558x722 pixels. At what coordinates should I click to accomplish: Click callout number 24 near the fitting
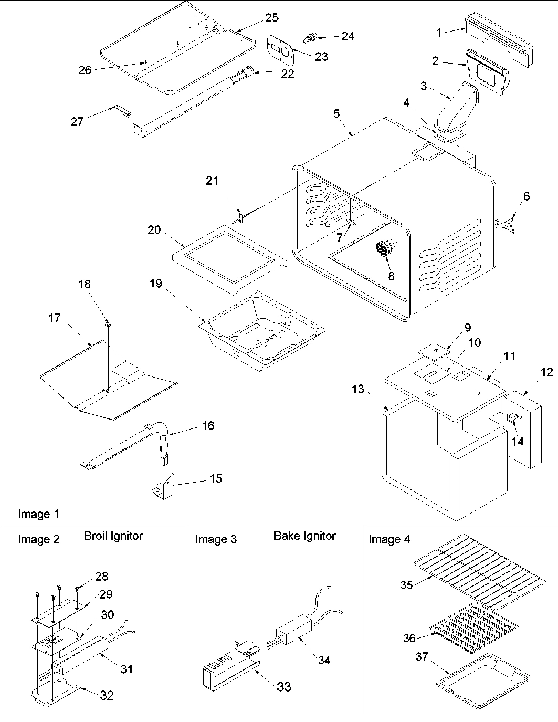(348, 36)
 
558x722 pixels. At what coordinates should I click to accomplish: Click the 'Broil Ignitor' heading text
(113, 536)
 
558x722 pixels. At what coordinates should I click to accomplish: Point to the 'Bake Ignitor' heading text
(304, 536)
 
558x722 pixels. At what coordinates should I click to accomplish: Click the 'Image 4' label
(389, 539)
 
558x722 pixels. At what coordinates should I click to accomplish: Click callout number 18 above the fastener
(84, 285)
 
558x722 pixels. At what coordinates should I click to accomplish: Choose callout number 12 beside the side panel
(546, 372)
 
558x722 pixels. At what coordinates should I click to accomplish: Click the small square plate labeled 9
(435, 349)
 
